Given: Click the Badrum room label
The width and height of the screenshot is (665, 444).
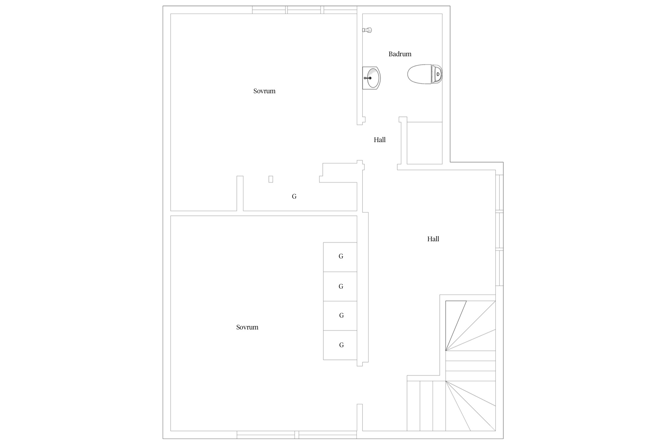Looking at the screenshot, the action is pos(400,54).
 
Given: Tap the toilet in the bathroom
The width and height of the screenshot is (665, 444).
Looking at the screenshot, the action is pos(425,74).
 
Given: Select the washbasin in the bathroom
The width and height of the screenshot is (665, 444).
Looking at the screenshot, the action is pos(372,78).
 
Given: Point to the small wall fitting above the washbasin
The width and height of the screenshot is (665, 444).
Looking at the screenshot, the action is pos(367,30).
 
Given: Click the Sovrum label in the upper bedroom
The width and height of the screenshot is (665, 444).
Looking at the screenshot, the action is pos(264,91).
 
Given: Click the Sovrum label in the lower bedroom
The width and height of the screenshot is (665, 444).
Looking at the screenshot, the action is pos(247,327).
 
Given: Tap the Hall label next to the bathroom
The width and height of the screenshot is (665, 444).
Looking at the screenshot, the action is pos(379,140).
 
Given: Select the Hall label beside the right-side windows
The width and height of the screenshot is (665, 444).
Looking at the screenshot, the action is pos(433,239).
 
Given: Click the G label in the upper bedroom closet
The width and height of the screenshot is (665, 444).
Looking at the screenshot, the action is pos(294,196).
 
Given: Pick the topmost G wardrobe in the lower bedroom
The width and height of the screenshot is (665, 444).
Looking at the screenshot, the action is pos(340,257).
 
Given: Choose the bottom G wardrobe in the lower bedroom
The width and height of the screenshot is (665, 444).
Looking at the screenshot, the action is pos(340,345).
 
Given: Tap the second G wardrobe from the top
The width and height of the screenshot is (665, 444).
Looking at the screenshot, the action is pos(340,286).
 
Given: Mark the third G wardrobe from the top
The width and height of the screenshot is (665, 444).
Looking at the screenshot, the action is pos(340,316).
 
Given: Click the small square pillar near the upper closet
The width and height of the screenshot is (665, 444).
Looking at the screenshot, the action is pos(271,179).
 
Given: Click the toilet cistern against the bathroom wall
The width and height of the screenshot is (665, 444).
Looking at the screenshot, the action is pos(438,74).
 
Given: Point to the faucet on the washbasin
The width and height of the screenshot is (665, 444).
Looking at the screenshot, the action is pos(368,78).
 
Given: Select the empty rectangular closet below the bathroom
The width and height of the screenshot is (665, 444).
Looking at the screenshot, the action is pos(425,143).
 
